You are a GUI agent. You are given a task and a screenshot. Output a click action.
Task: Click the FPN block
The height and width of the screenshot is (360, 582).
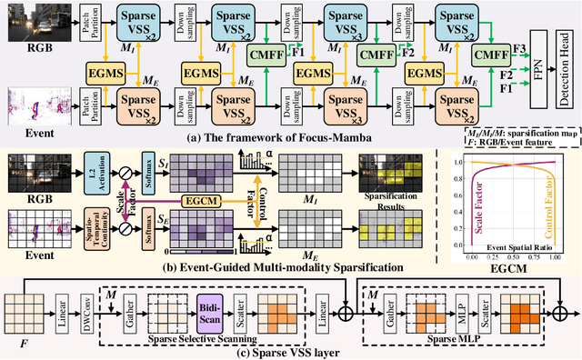pos(537,66)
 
